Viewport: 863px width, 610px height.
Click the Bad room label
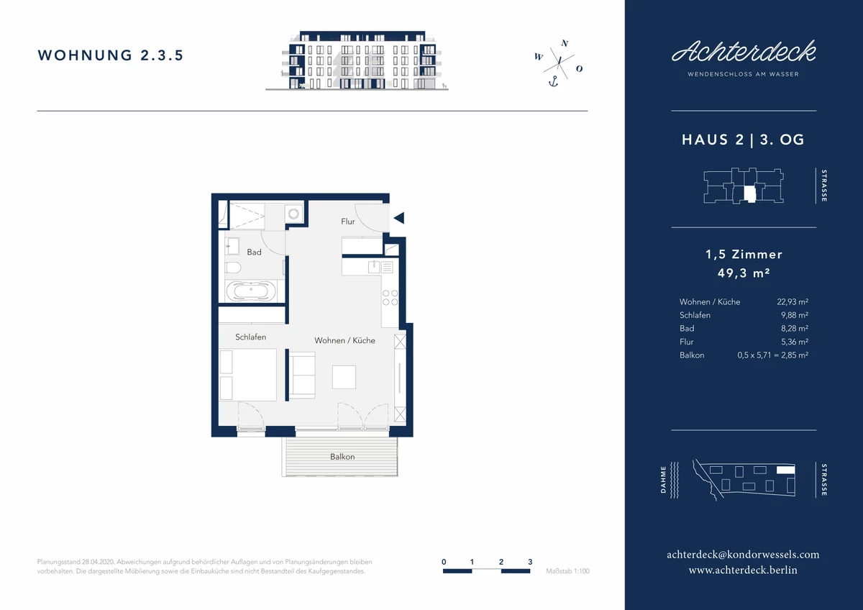click(x=254, y=252)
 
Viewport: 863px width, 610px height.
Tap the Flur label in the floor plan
click(x=348, y=221)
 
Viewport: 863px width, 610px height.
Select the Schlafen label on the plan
click(x=250, y=337)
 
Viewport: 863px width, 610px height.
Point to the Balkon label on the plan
click(x=342, y=457)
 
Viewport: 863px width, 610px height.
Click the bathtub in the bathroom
click(x=251, y=291)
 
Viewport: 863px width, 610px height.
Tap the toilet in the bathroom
click(x=233, y=267)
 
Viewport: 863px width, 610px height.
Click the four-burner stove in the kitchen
click(x=390, y=298)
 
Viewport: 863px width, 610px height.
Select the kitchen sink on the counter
click(x=374, y=267)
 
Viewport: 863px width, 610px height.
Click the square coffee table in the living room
click(x=344, y=377)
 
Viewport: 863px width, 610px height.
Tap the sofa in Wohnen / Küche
click(x=302, y=375)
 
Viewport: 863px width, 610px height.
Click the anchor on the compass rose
click(x=554, y=81)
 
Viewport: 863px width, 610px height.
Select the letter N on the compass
click(x=565, y=43)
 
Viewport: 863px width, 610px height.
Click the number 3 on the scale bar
click(x=530, y=562)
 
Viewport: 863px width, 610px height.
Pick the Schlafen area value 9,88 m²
click(x=795, y=315)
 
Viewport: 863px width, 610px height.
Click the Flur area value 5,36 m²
click(x=795, y=342)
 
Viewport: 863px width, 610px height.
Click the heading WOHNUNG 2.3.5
click(x=111, y=55)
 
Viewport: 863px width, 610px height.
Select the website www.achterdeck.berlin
click(x=743, y=570)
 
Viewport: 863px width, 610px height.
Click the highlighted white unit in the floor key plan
click(x=749, y=194)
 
